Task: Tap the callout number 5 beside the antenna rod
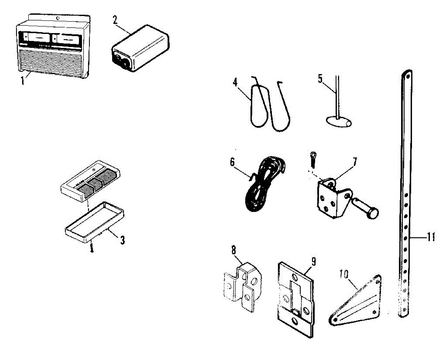pos(320,79)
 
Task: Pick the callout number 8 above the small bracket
pos(234,250)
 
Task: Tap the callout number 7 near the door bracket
pos(354,162)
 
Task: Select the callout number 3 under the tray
pos(122,240)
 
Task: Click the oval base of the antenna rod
pos(338,122)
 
